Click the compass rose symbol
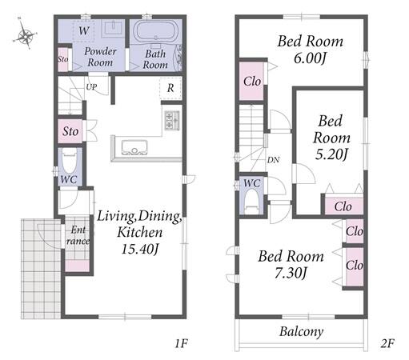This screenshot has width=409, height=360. [x=26, y=34]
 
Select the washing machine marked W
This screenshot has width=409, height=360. [x=83, y=31]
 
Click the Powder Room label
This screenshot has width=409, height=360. [x=100, y=57]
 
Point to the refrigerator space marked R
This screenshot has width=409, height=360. [x=170, y=88]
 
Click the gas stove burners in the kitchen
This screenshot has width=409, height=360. [x=172, y=121]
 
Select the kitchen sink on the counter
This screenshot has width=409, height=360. [x=134, y=147]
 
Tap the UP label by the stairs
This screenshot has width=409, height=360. [x=91, y=87]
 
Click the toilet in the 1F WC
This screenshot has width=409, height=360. [x=70, y=161]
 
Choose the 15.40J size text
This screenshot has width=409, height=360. [x=140, y=249]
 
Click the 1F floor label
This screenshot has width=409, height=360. [x=182, y=343]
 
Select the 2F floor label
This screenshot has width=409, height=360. [x=387, y=343]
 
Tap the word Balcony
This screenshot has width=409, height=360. [x=302, y=332]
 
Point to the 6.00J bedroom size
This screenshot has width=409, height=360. [x=310, y=58]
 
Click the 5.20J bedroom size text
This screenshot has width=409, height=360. [x=331, y=154]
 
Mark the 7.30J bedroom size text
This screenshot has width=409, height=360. [x=291, y=273]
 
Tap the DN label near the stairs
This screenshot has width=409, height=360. [x=273, y=160]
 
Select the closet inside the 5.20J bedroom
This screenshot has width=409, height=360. [x=343, y=206]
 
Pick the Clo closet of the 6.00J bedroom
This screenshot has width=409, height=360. [x=251, y=82]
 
